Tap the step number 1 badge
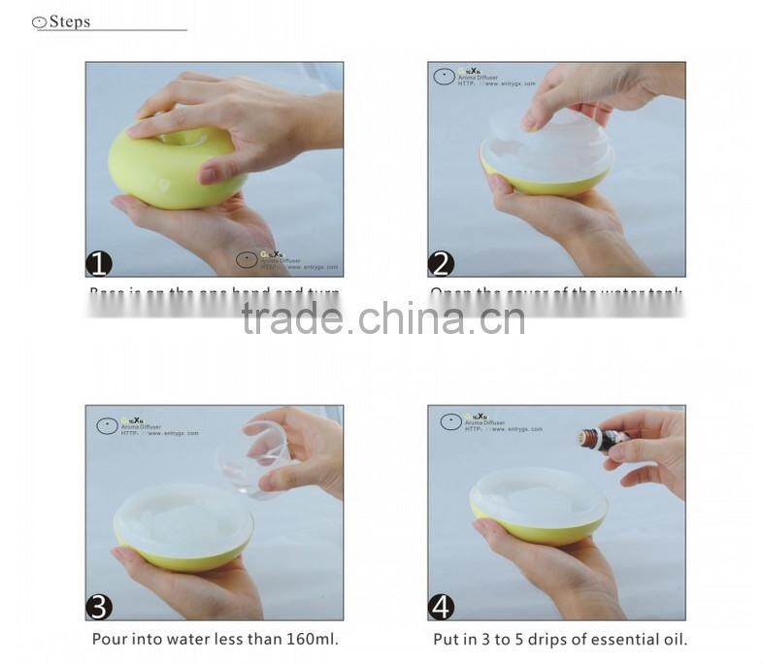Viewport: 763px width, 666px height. click(x=99, y=263)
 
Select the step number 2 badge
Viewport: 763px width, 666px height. click(x=442, y=263)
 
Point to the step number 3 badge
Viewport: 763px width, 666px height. click(x=99, y=607)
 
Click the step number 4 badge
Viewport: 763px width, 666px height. click(x=442, y=607)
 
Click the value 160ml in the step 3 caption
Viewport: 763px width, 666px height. click(x=312, y=640)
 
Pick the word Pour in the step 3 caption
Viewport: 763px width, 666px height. click(x=109, y=640)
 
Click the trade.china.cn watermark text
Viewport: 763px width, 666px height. click(x=382, y=317)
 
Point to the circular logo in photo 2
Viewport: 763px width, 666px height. click(x=443, y=77)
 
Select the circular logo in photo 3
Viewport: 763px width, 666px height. click(x=107, y=425)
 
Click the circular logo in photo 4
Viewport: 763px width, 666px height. click(x=450, y=422)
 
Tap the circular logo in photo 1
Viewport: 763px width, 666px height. click(x=248, y=259)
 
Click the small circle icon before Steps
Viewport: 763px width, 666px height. click(x=39, y=21)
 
